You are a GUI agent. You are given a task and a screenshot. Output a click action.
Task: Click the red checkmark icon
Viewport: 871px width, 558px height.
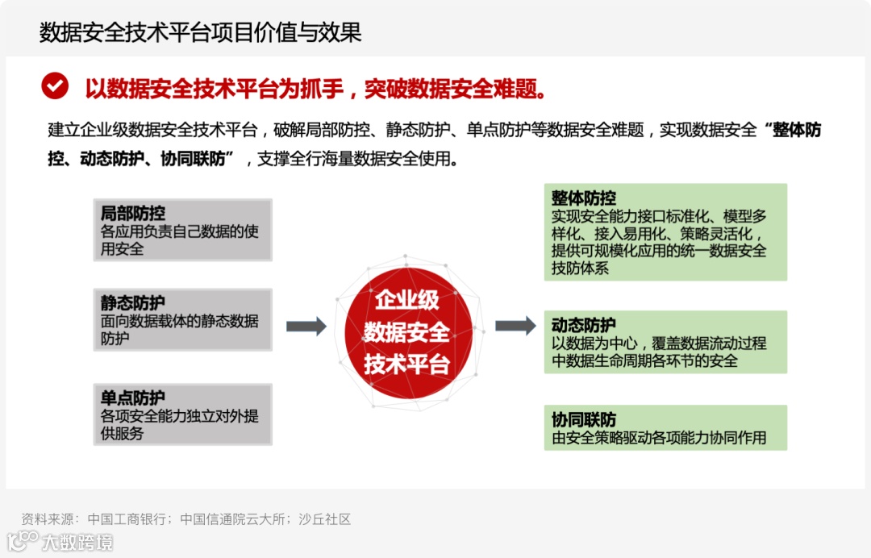tap(55, 85)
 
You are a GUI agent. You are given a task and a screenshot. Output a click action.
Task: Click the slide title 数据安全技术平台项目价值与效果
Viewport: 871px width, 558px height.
tap(200, 32)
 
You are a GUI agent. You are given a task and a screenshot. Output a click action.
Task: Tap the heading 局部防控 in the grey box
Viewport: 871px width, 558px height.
tap(133, 214)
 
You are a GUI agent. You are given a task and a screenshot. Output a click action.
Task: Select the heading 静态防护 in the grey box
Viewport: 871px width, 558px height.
tap(133, 303)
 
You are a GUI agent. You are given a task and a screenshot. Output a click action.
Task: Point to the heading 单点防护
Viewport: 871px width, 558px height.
tap(133, 398)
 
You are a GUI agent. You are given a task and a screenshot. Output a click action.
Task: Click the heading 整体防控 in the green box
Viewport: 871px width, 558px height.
tap(584, 198)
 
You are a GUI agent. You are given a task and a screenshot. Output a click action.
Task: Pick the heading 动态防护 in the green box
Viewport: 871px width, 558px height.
tap(584, 325)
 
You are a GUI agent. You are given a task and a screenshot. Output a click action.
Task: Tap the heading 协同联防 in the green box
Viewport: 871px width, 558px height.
tap(584, 420)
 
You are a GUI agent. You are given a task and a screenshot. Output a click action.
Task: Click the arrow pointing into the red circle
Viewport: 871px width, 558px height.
tap(306, 326)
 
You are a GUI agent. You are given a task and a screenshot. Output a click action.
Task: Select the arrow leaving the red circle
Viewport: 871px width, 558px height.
tap(515, 326)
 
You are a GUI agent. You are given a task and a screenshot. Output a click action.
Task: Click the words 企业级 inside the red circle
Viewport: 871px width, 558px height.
tap(407, 300)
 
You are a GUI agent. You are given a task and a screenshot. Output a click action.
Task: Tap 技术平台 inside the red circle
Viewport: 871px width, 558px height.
tap(407, 364)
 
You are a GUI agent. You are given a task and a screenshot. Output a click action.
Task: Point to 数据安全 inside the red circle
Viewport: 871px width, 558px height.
tap(407, 331)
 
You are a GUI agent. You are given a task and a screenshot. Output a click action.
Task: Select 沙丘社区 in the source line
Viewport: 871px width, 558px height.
tap(325, 519)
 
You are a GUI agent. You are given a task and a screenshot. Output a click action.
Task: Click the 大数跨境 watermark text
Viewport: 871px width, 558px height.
tap(77, 542)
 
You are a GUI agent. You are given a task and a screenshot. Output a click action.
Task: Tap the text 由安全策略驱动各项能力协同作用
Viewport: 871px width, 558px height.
tap(659, 439)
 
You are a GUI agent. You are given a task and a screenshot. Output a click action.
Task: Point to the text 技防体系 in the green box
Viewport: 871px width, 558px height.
tap(581, 269)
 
